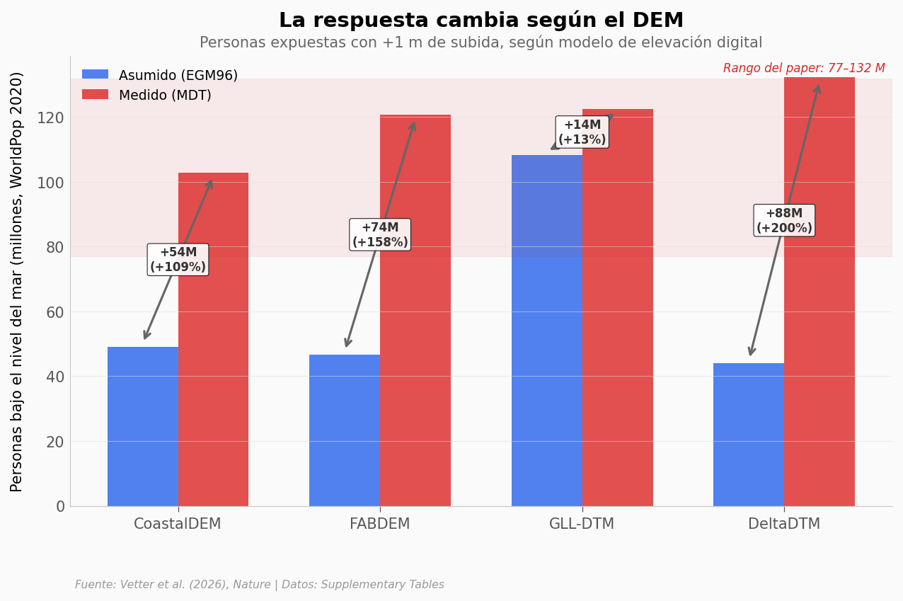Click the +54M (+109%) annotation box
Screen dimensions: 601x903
[178, 260]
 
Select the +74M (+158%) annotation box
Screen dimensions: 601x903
[380, 235]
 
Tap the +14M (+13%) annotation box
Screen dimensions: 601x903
[582, 132]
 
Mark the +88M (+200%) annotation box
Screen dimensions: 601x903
[784, 221]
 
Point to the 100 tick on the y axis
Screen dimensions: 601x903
[54, 183]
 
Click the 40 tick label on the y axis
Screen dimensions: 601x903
[54, 377]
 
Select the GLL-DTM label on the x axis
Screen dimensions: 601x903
[582, 525]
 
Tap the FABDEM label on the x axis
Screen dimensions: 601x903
[380, 525]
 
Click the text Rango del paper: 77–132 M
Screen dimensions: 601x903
[804, 69]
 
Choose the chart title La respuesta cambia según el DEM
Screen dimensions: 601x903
[481, 21]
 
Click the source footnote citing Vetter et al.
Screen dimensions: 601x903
[260, 585]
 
